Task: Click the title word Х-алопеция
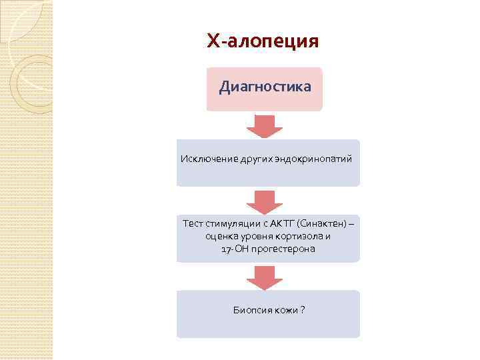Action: [x=263, y=42]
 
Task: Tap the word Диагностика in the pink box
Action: [x=265, y=87]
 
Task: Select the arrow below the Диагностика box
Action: [x=265, y=125]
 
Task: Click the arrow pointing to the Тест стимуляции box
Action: [x=265, y=201]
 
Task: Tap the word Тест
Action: [x=193, y=223]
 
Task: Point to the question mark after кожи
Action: [x=303, y=310]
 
